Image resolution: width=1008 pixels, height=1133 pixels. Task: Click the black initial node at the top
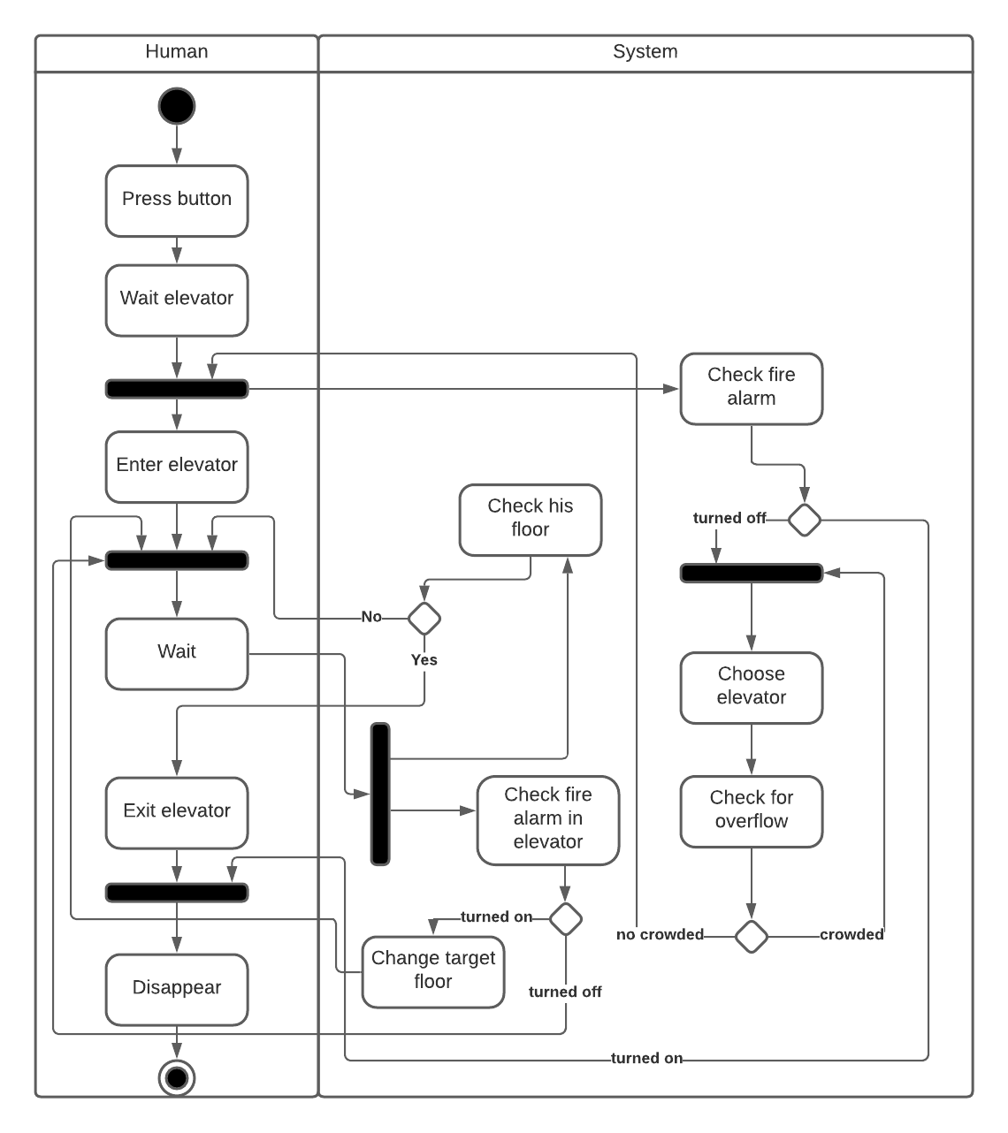(x=177, y=106)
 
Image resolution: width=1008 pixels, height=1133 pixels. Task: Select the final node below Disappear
(x=177, y=1078)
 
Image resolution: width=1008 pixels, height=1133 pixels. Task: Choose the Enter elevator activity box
(x=177, y=466)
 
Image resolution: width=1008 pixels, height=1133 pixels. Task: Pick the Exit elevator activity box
(x=177, y=812)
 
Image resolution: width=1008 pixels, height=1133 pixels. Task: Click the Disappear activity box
(x=177, y=989)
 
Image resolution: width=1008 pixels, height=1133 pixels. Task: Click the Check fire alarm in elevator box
(x=548, y=819)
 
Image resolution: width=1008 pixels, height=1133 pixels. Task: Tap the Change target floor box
(x=433, y=971)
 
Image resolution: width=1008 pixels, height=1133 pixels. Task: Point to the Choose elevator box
(x=752, y=687)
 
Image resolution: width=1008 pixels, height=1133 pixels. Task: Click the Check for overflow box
(x=752, y=810)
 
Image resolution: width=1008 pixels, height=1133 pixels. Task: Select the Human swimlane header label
(x=177, y=52)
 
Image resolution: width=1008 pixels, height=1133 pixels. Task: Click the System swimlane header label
(x=645, y=52)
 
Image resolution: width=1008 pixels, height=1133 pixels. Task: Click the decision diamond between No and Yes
(x=424, y=618)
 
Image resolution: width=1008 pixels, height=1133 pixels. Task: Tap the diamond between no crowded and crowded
(x=752, y=936)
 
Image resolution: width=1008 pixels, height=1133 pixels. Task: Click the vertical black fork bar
(x=380, y=793)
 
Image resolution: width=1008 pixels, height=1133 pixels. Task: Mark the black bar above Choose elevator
(x=752, y=573)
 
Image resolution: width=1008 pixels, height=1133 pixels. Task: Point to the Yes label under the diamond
(x=424, y=660)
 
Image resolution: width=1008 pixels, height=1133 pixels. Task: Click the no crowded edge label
(x=660, y=935)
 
